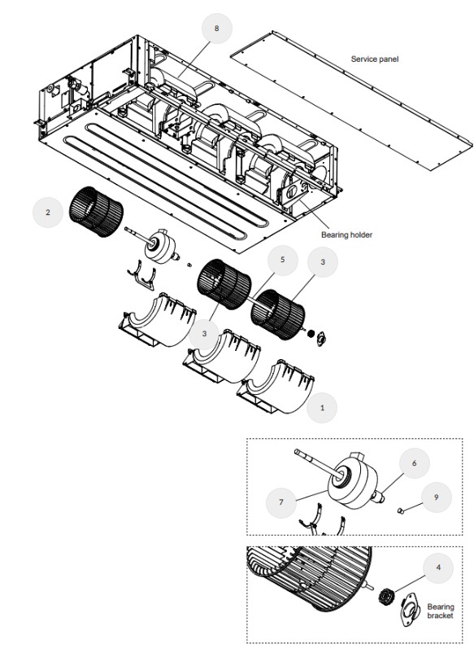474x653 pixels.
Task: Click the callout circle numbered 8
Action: coord(216,28)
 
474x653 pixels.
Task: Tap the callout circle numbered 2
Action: coord(48,213)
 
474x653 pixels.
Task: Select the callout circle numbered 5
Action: coord(283,261)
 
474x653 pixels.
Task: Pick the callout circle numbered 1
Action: coord(322,408)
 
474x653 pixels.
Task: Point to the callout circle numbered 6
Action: coord(414,463)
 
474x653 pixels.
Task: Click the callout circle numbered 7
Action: coord(281,502)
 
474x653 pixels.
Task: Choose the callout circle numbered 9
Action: coord(436,497)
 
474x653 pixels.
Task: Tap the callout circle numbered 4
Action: coord(438,568)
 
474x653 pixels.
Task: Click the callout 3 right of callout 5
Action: coord(323,262)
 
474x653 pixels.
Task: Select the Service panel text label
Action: coord(375,59)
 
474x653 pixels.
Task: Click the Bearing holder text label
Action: coord(347,234)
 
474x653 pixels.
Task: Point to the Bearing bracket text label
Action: coord(441,611)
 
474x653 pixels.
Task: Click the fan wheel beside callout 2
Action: coord(96,212)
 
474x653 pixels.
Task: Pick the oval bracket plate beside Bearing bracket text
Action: coord(410,609)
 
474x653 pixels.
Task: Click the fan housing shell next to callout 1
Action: coord(276,388)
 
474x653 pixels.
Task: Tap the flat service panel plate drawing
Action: coord(351,100)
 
